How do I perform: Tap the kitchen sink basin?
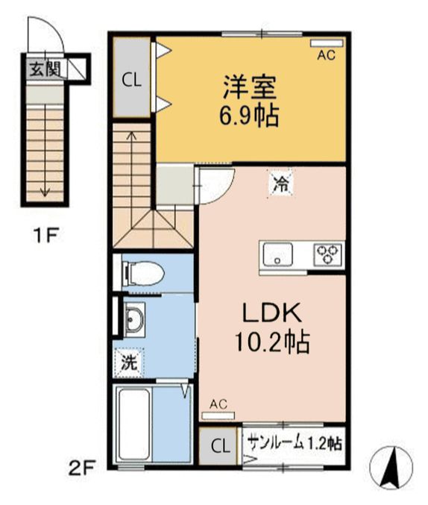coord(277,255)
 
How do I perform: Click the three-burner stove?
coord(328,254)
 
